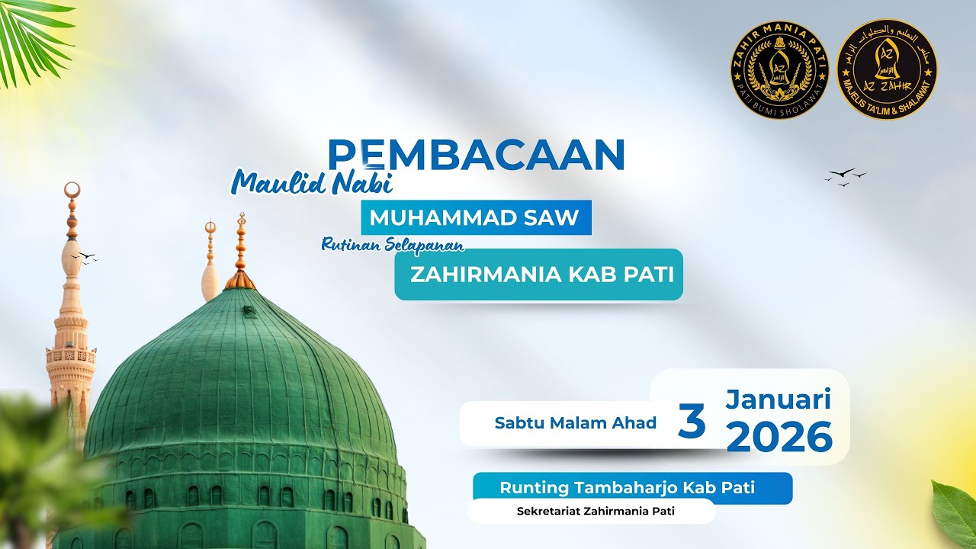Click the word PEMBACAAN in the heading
(x=476, y=155)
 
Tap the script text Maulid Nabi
(x=313, y=183)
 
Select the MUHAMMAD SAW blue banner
(x=474, y=217)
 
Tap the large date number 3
(x=691, y=422)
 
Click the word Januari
(x=778, y=398)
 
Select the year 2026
(x=779, y=437)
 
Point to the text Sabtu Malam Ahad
(x=575, y=423)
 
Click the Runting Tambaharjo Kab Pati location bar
(x=627, y=487)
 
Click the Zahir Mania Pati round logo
(x=779, y=70)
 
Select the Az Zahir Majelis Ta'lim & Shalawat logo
(x=886, y=70)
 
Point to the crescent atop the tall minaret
(x=72, y=189)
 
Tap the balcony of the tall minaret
(x=71, y=355)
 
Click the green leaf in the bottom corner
(x=955, y=512)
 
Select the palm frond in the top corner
(x=34, y=34)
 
